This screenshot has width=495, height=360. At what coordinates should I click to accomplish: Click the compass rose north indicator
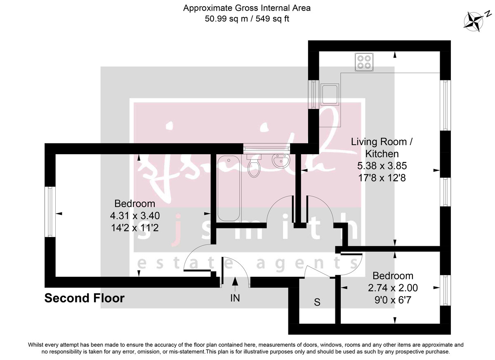(x=475, y=21)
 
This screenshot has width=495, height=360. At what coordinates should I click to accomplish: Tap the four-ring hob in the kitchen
(x=363, y=62)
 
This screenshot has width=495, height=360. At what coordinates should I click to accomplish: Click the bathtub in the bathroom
(x=228, y=188)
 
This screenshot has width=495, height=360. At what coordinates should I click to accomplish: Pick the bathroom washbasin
(x=281, y=160)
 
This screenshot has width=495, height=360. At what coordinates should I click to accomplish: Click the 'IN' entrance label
(x=235, y=297)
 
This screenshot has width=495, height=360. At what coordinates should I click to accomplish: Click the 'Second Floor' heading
(x=84, y=298)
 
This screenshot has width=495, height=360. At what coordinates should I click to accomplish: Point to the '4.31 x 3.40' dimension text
(x=134, y=215)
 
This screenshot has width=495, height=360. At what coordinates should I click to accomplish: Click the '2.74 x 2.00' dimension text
(x=393, y=288)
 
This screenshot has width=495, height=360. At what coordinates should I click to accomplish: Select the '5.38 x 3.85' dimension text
(x=382, y=166)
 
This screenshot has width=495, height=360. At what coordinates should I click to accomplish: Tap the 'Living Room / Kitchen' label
(x=381, y=148)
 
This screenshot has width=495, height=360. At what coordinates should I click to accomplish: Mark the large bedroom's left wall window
(x=50, y=212)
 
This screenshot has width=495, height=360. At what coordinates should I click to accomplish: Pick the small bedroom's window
(x=445, y=290)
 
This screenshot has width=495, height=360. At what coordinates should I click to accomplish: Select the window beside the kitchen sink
(x=314, y=94)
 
